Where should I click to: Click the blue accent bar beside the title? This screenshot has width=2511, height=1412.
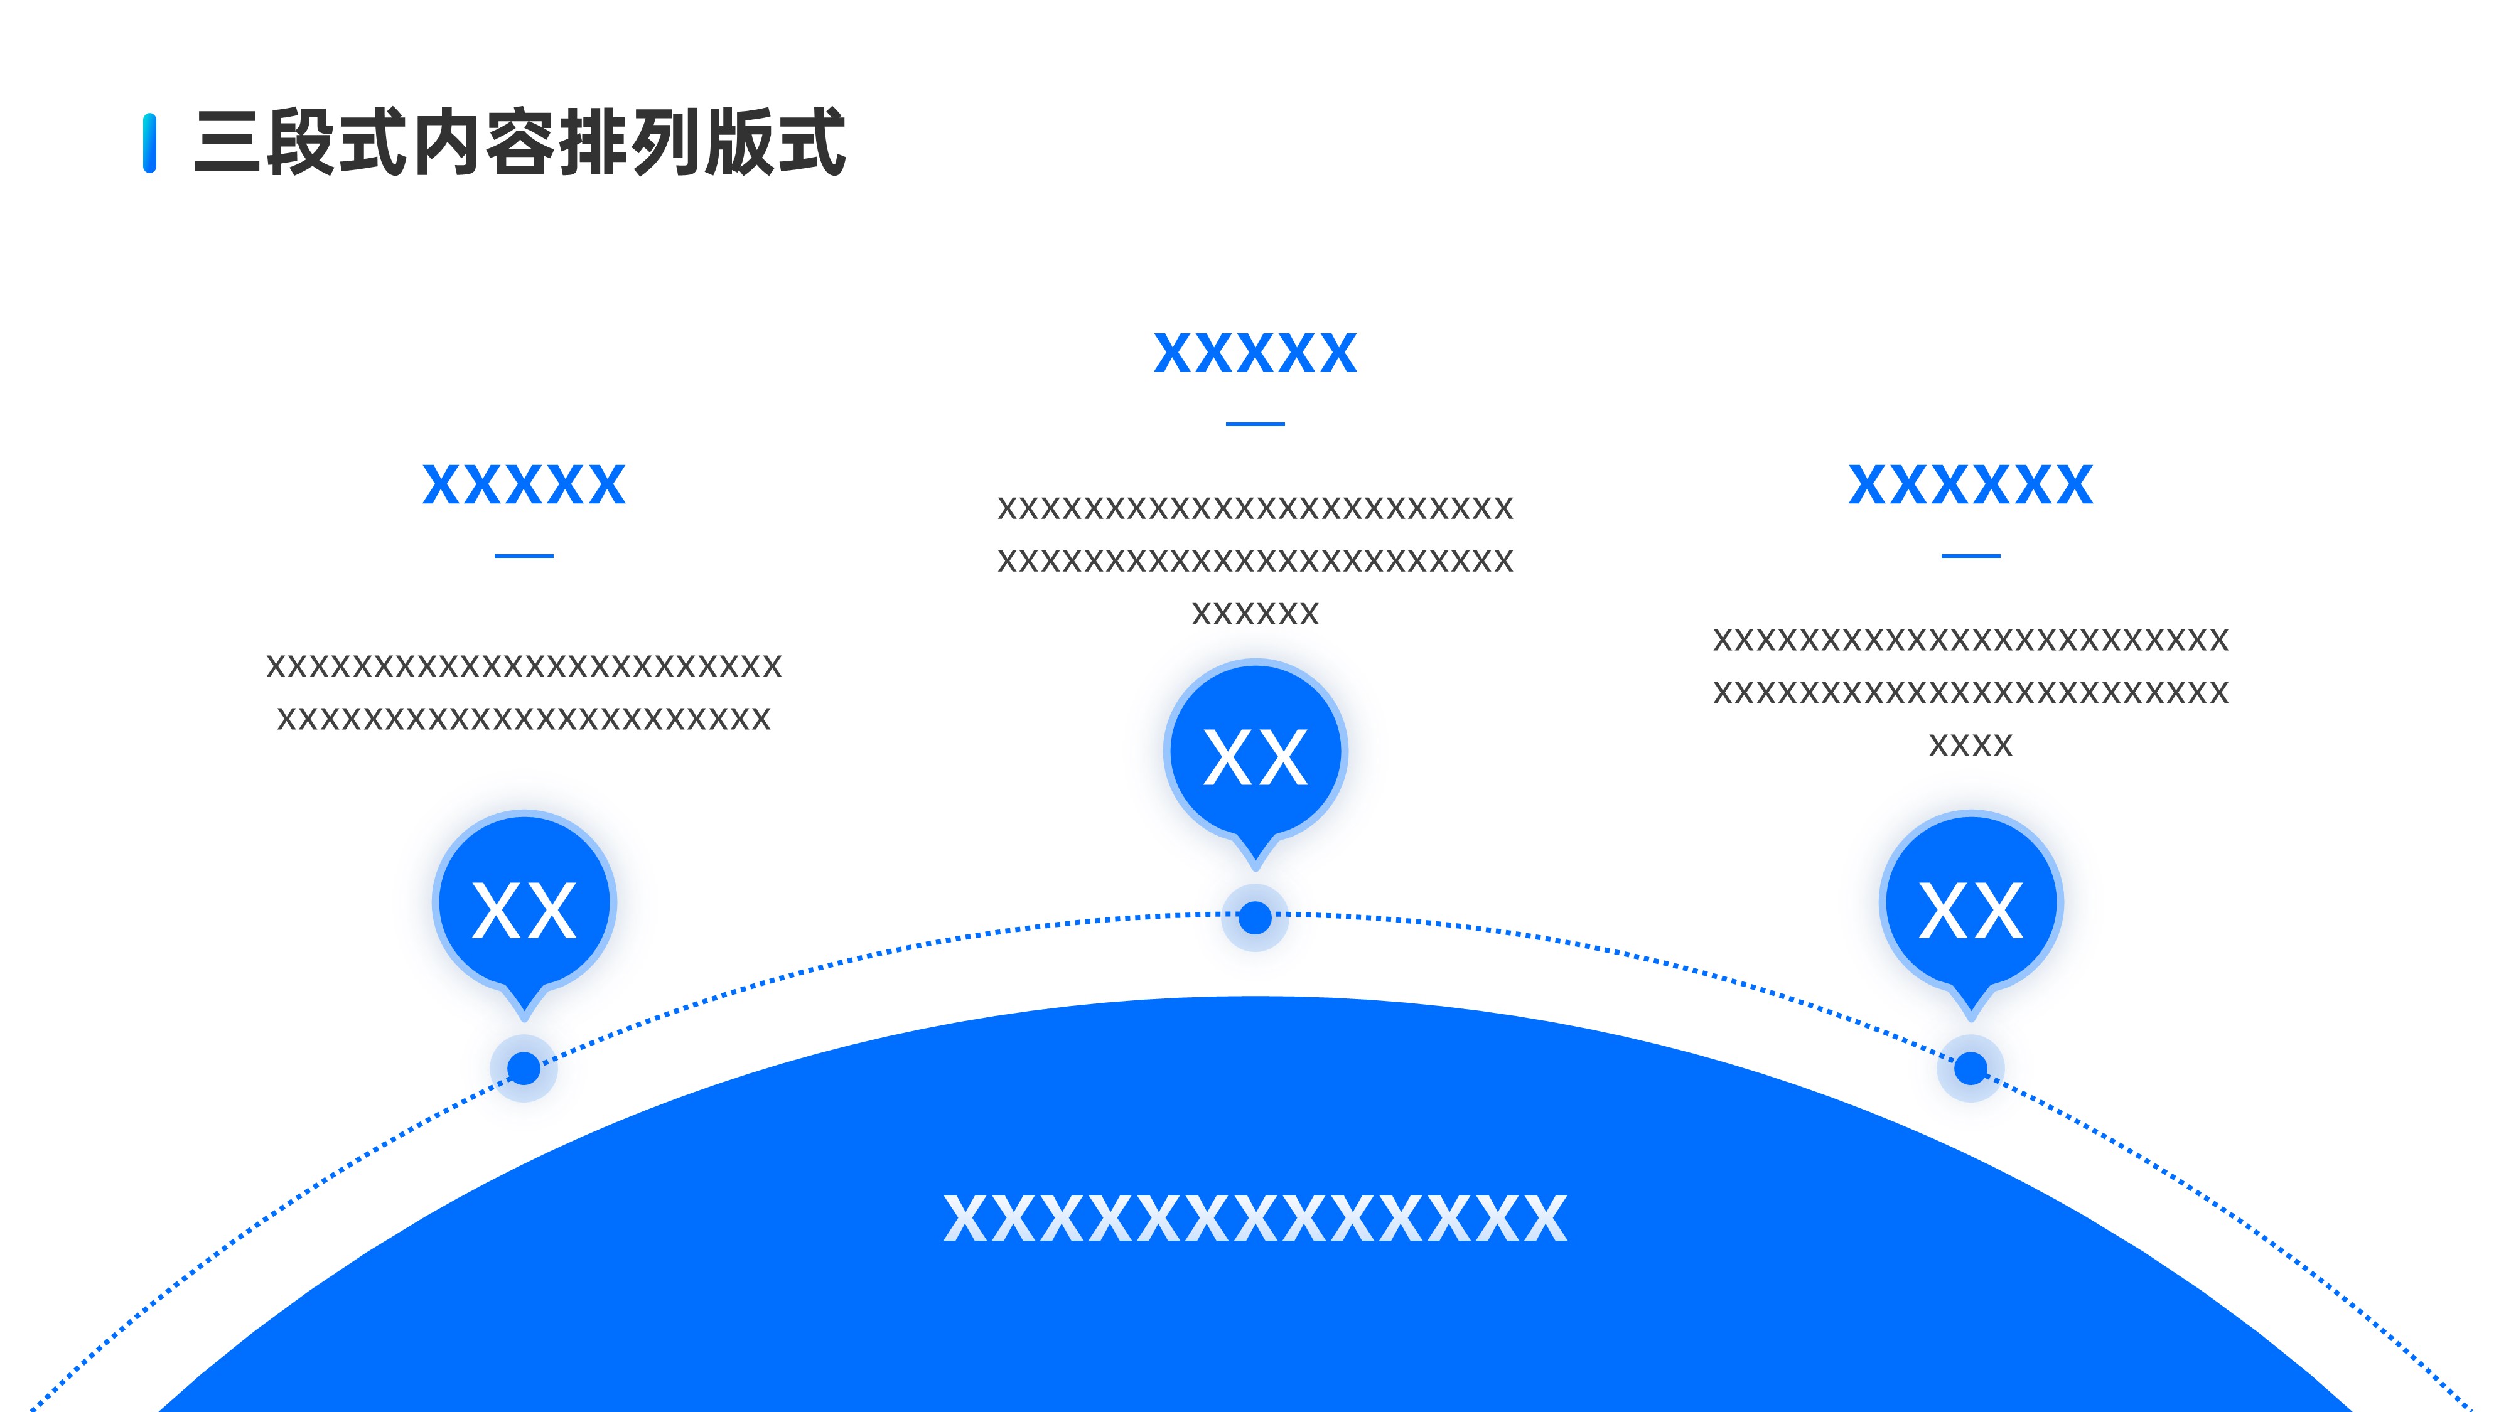pos(149,143)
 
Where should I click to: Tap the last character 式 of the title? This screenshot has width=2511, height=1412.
pos(810,143)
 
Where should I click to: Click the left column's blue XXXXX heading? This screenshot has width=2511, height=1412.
pos(524,485)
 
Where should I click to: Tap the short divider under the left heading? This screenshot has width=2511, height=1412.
pos(524,555)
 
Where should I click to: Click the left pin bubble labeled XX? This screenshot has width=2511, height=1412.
pos(524,906)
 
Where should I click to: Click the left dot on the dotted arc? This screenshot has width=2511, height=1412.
pos(524,1068)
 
